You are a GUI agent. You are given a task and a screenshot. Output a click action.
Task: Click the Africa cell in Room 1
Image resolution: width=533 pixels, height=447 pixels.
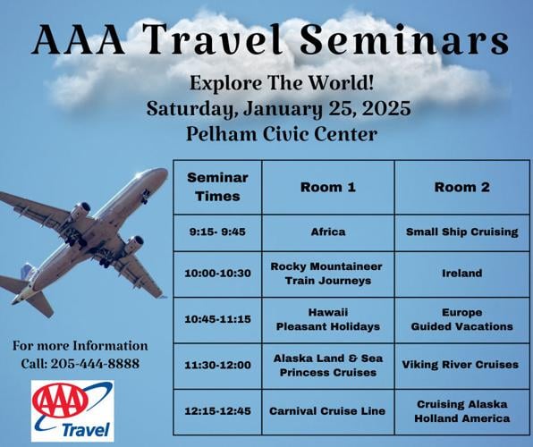pyautogui.click(x=327, y=232)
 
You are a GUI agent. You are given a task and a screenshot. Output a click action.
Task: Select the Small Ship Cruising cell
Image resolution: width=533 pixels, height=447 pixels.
pyautogui.click(x=461, y=232)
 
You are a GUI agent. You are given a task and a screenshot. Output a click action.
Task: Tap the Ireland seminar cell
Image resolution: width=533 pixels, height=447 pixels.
pyautogui.click(x=461, y=274)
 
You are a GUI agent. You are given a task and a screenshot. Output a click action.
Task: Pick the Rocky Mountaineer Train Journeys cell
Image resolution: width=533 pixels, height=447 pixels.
pyautogui.click(x=327, y=274)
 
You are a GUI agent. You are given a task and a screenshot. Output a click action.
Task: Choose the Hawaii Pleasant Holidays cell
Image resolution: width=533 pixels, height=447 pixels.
pyautogui.click(x=327, y=320)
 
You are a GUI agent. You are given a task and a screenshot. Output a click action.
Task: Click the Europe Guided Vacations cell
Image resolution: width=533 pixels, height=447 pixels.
pyautogui.click(x=461, y=320)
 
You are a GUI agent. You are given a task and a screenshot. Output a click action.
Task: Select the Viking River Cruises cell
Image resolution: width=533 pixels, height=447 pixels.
pyautogui.click(x=461, y=365)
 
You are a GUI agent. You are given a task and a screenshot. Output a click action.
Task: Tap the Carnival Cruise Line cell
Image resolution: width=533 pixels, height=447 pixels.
pyautogui.click(x=327, y=411)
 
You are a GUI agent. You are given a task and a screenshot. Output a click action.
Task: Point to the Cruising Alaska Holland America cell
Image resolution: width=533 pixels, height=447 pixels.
pyautogui.click(x=461, y=411)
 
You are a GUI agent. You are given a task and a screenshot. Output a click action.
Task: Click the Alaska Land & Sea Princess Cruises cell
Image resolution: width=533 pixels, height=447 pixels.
pyautogui.click(x=327, y=365)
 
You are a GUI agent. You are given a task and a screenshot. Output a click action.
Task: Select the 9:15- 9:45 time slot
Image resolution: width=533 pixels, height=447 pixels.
pyautogui.click(x=217, y=232)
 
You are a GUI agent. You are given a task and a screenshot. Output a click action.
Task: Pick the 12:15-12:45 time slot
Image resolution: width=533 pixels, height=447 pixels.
pyautogui.click(x=217, y=411)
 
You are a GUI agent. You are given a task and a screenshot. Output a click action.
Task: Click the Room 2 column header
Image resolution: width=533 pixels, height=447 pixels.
pyautogui.click(x=461, y=187)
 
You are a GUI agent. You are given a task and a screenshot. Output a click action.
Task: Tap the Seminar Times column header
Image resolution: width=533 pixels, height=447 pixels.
pyautogui.click(x=217, y=187)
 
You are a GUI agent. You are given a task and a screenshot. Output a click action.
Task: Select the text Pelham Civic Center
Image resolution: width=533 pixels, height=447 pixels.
pyautogui.click(x=282, y=134)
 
